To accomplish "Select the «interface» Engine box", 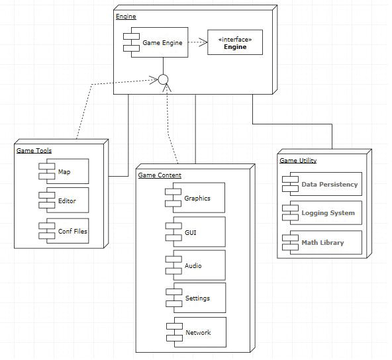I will click(234, 42).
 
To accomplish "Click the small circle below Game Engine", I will click(163, 79).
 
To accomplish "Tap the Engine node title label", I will click(126, 16).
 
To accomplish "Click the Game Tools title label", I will click(34, 151).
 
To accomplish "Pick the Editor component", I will click(67, 201).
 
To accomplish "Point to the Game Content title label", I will click(160, 175).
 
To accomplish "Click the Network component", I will click(198, 332).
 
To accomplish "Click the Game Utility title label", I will click(298, 160).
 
